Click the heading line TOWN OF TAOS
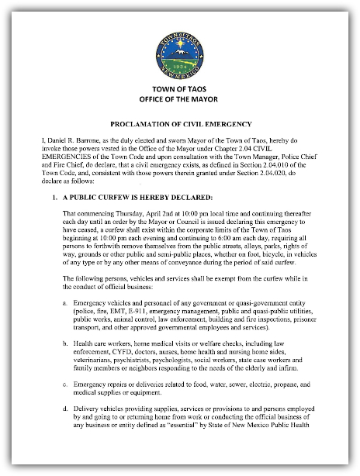click(x=179, y=90)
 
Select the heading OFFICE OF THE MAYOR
click(x=179, y=100)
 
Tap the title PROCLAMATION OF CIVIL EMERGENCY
click(x=179, y=123)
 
